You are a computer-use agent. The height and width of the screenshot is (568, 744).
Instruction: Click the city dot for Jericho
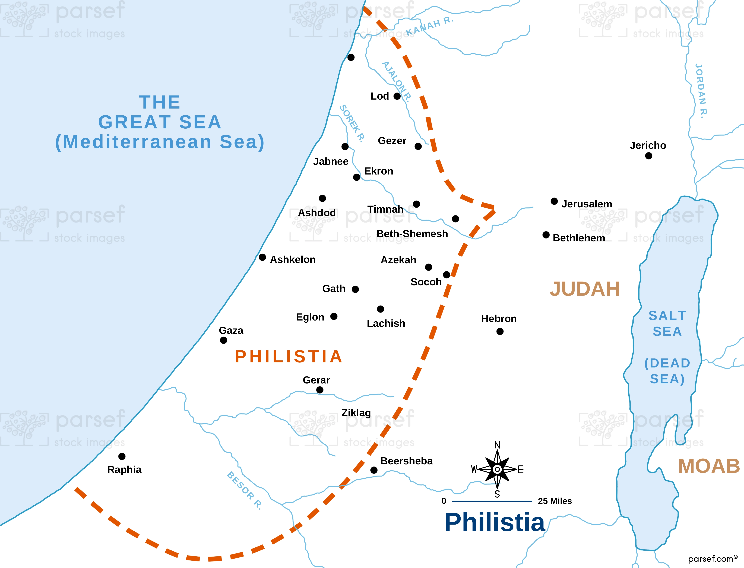tap(648, 156)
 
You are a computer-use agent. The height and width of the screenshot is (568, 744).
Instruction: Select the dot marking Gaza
tap(223, 340)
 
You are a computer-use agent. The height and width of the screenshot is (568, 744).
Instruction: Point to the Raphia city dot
tap(122, 456)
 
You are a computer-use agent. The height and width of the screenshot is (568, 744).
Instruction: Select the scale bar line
tap(492, 501)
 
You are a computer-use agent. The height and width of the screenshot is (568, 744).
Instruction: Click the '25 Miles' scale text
tap(555, 501)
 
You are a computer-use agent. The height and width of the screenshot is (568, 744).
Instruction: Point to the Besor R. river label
tap(244, 490)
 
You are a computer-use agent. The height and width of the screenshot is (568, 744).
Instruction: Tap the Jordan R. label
tap(701, 91)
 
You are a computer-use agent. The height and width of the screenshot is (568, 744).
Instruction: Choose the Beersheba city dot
tap(374, 470)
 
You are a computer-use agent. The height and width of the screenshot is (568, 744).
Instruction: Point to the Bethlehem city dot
tap(546, 235)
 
